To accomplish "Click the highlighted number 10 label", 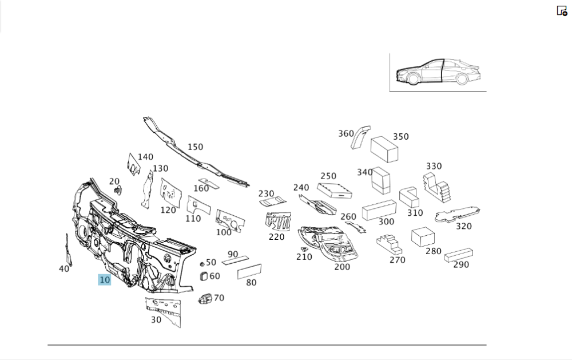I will point(104,280).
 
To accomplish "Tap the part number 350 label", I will point(400,137).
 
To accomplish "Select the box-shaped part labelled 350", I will point(384,149).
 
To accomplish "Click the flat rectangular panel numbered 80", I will point(249,271).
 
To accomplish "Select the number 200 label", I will point(342,267).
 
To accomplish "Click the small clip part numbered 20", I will point(117,190).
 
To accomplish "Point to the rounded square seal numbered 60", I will point(203,276).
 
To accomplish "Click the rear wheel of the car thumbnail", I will point(461,79).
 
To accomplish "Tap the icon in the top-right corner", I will point(562,10).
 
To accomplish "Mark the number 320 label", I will point(464,226).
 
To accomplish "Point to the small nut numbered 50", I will point(202,264).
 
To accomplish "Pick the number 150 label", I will point(195,147).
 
